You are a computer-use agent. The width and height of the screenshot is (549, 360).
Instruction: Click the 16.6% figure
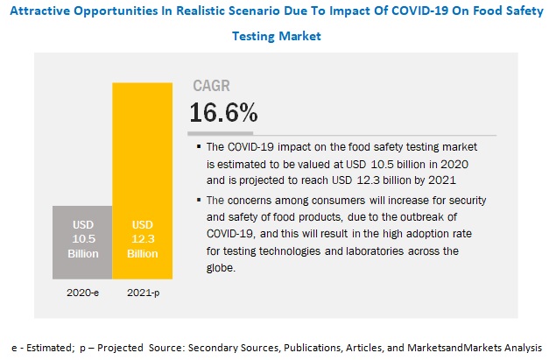(x=223, y=112)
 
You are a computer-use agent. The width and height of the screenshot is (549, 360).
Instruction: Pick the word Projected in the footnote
(x=120, y=345)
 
